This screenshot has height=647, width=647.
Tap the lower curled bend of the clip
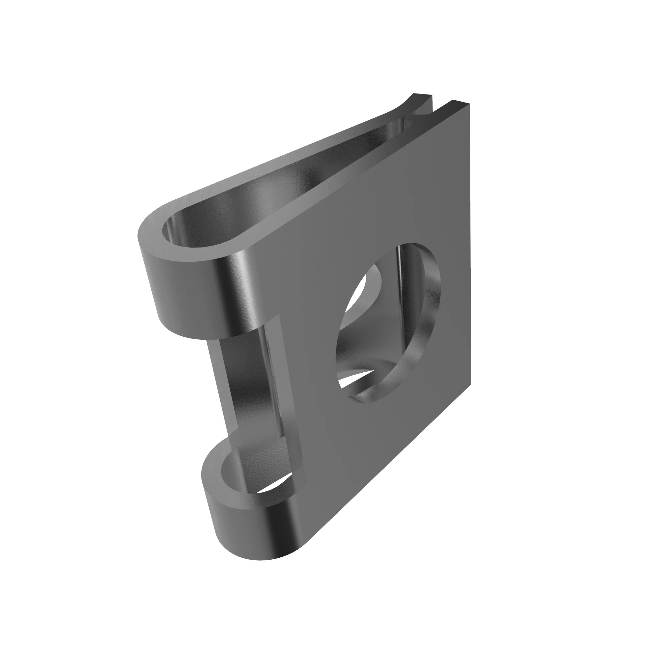[x=235, y=522]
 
